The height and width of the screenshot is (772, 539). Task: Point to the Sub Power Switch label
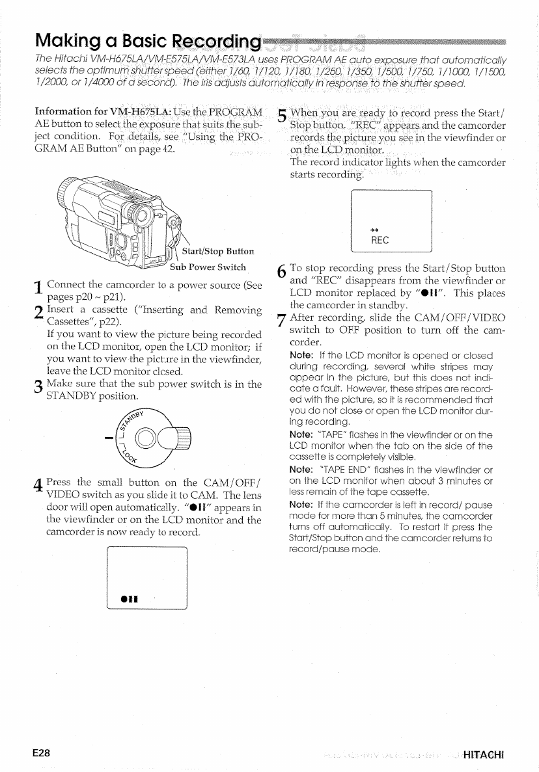pyautogui.click(x=208, y=267)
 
